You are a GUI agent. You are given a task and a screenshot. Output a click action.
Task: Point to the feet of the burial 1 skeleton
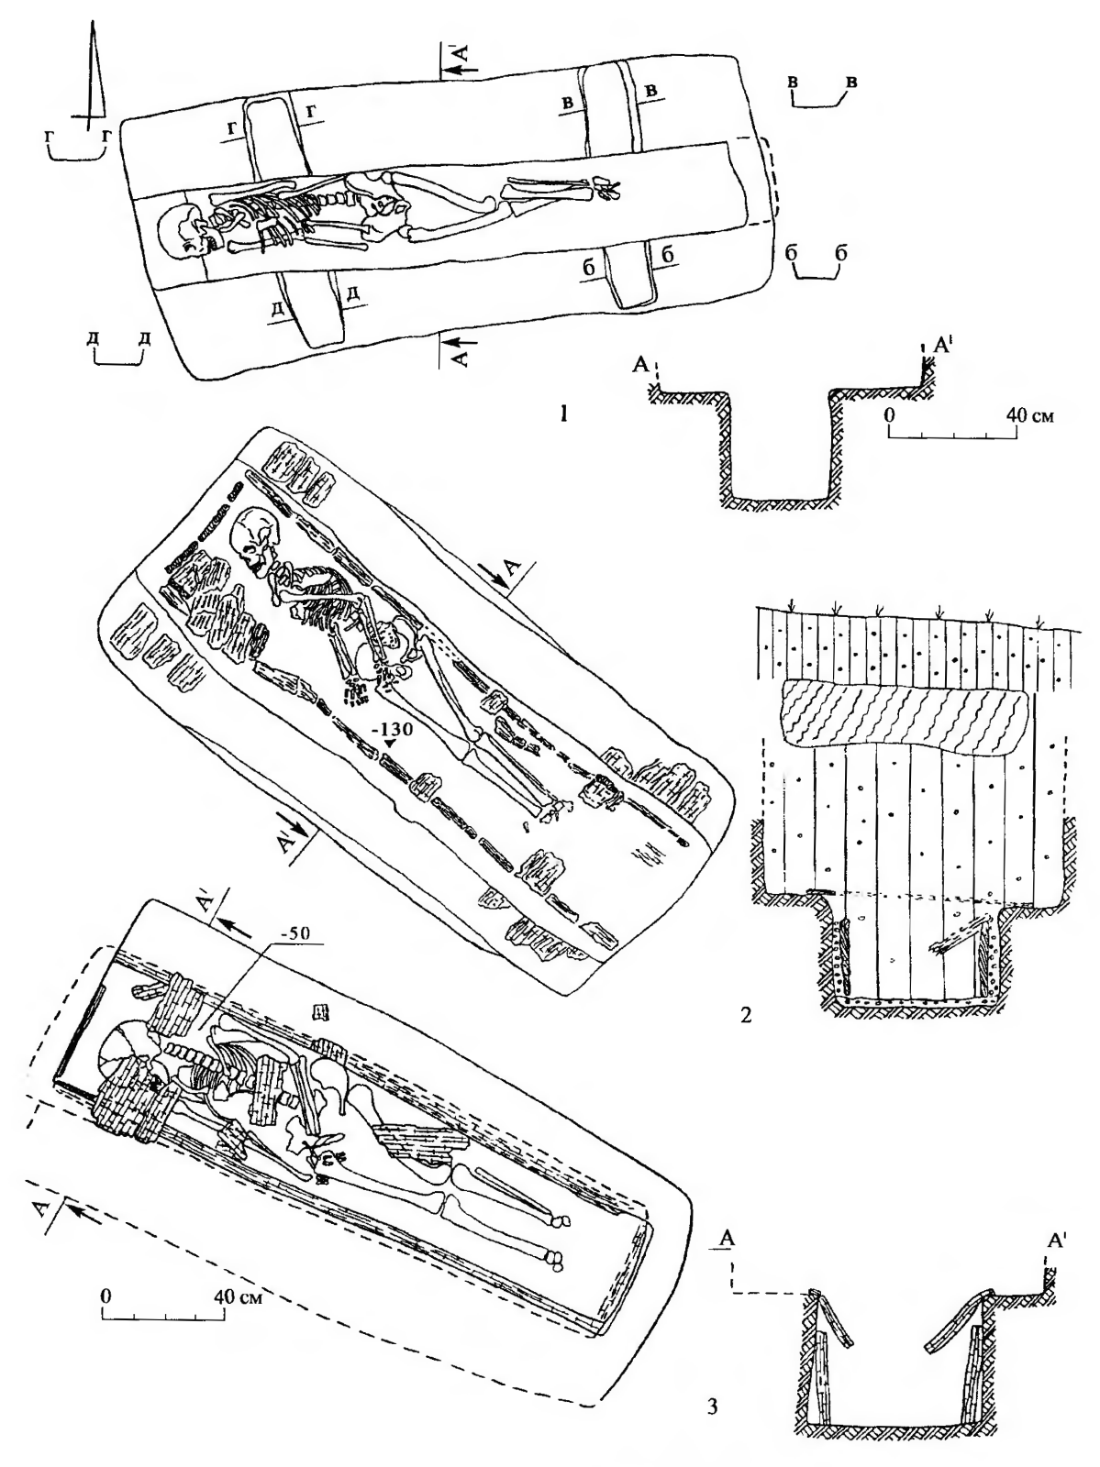point(606,188)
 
